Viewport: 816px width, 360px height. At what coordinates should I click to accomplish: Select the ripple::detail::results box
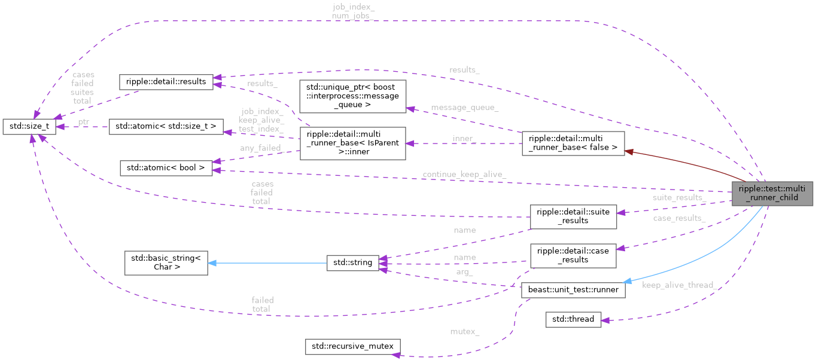point(166,81)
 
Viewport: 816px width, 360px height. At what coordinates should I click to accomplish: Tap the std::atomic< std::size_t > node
point(166,126)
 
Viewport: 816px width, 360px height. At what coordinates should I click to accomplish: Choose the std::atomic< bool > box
point(166,168)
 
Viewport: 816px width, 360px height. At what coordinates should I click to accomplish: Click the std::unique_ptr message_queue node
point(352,96)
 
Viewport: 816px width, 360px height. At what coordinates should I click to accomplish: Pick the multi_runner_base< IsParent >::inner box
point(352,143)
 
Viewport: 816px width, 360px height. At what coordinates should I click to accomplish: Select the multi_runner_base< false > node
point(573,144)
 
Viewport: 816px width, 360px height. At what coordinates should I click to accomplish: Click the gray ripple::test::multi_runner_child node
point(772,193)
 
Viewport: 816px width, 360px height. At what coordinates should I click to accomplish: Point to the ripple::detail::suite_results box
point(573,216)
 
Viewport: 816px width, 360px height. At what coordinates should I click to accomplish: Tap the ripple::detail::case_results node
point(573,255)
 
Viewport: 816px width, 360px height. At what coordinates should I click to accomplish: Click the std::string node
point(352,262)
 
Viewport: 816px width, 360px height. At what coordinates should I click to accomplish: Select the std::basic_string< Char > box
point(166,263)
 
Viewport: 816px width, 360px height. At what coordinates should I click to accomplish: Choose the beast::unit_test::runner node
point(573,290)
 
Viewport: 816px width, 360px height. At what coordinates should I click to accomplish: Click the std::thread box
point(573,319)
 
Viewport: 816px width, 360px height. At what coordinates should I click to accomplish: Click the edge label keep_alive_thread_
point(679,285)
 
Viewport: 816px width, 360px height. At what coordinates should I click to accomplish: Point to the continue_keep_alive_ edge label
point(464,175)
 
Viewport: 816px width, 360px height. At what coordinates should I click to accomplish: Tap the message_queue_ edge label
point(464,108)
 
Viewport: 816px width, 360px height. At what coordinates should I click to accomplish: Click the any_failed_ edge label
point(261,148)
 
